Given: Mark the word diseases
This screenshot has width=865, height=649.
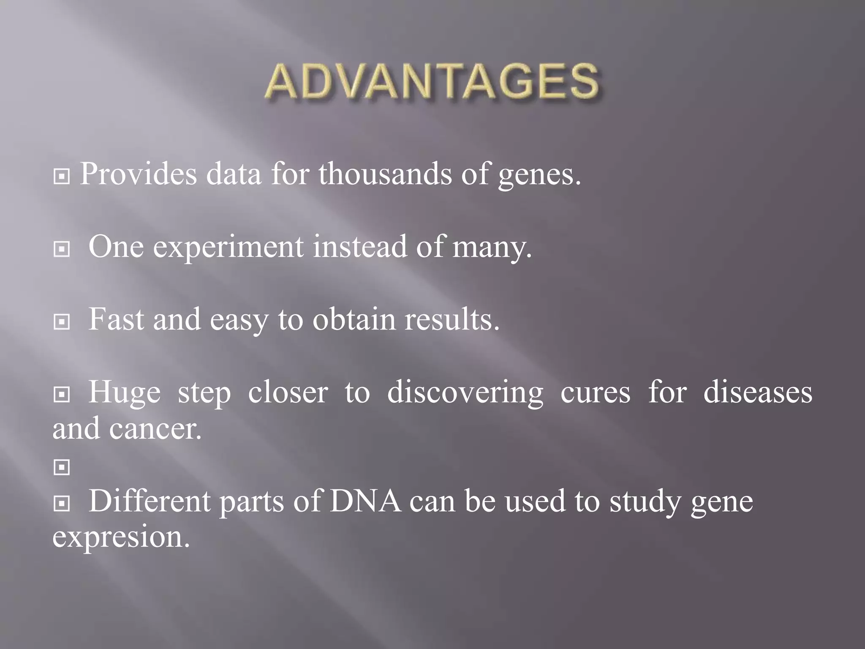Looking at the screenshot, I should (758, 392).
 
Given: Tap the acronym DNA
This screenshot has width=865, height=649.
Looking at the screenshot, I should (365, 502).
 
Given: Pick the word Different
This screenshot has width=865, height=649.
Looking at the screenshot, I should (150, 502).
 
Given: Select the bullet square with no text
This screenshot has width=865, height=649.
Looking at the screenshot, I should (62, 467).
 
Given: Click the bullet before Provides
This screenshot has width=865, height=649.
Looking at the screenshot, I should (62, 177).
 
